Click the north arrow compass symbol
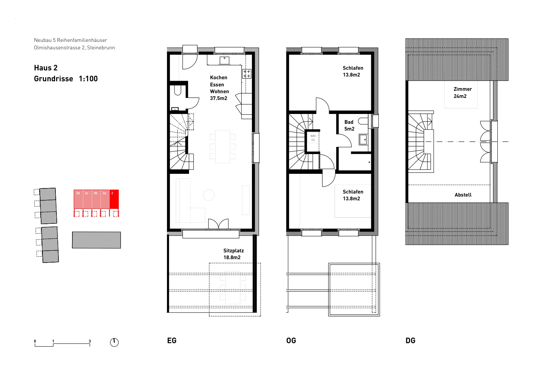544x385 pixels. tap(114, 342)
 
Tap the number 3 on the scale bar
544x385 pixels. tap(90, 341)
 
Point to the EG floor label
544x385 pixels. tap(172, 340)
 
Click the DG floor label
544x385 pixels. tap(410, 340)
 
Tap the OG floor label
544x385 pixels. tap(291, 340)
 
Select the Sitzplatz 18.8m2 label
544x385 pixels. tap(233, 254)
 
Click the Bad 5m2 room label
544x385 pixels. tap(349, 125)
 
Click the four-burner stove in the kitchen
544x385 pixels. tap(247, 74)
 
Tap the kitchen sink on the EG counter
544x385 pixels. tap(224, 61)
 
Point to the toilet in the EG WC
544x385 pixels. tap(177, 90)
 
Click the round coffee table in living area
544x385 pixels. tap(209, 195)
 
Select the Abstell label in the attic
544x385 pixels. tap(463, 195)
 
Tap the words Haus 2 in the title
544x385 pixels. tap(46, 68)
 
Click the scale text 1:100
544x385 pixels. tap(88, 79)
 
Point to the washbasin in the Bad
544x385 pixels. tap(363, 139)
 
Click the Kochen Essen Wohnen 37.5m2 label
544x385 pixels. tap(219, 88)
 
